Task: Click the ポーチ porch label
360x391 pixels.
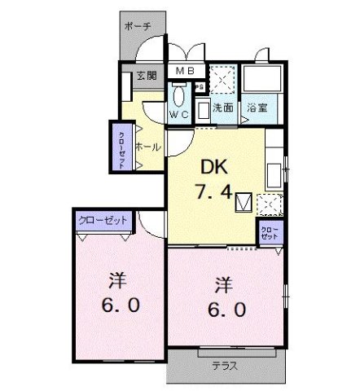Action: (138, 27)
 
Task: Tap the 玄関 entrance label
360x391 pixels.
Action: (147, 76)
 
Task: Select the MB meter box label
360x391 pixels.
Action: (185, 71)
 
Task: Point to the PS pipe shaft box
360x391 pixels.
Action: (200, 87)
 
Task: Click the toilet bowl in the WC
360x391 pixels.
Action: (178, 96)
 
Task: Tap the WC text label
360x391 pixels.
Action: (179, 114)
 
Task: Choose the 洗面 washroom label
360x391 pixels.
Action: (223, 108)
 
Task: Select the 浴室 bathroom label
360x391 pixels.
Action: (257, 108)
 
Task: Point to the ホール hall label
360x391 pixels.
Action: (148, 147)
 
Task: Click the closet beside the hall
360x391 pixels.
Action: (122, 147)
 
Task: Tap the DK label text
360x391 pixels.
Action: (214, 167)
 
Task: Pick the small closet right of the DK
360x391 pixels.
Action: (270, 233)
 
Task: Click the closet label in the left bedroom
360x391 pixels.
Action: (103, 220)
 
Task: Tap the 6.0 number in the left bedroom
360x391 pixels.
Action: (121, 305)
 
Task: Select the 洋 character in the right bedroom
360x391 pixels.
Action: (224, 285)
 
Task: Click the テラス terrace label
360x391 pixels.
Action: (225, 366)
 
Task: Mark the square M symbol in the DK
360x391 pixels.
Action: (244, 202)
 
